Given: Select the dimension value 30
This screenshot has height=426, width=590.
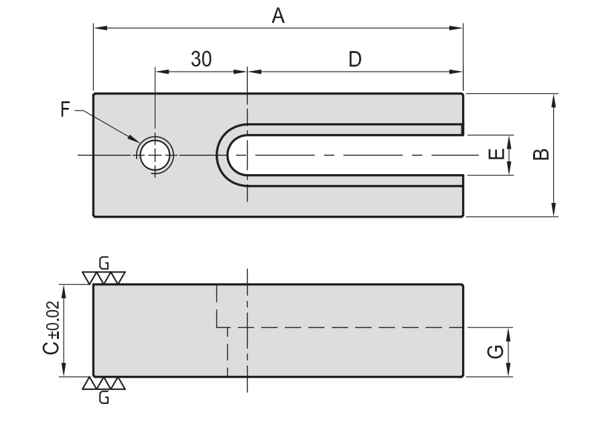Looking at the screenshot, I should (x=200, y=60).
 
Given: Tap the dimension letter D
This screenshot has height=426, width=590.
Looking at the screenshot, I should (x=355, y=60).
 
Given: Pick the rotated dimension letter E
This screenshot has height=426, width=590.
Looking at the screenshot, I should (x=496, y=155).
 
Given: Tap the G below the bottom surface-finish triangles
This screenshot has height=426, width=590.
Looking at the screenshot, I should (x=102, y=398).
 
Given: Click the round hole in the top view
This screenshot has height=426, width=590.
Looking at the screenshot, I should (x=155, y=155).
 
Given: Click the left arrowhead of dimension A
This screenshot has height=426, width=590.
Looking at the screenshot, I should (x=98, y=28).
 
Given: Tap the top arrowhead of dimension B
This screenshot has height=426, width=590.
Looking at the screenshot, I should (x=554, y=98).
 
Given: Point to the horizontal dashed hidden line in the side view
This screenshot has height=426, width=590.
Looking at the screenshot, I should (x=348, y=327).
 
